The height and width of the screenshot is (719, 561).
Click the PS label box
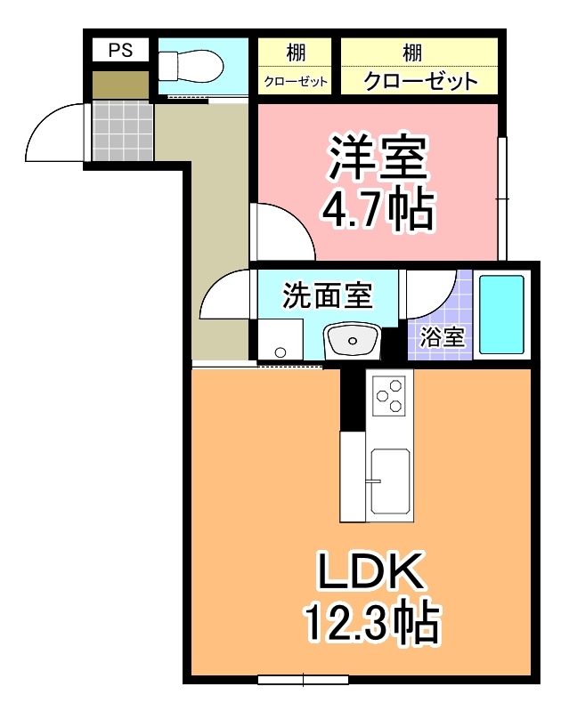pos(120,51)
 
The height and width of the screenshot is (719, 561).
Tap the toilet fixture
pos(189,65)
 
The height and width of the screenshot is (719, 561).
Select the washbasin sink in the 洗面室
pos(352,340)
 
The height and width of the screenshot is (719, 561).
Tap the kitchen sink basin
pos(390,481)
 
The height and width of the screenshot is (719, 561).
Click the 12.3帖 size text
pos(372,623)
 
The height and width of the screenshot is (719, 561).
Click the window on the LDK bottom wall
pos(302,680)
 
